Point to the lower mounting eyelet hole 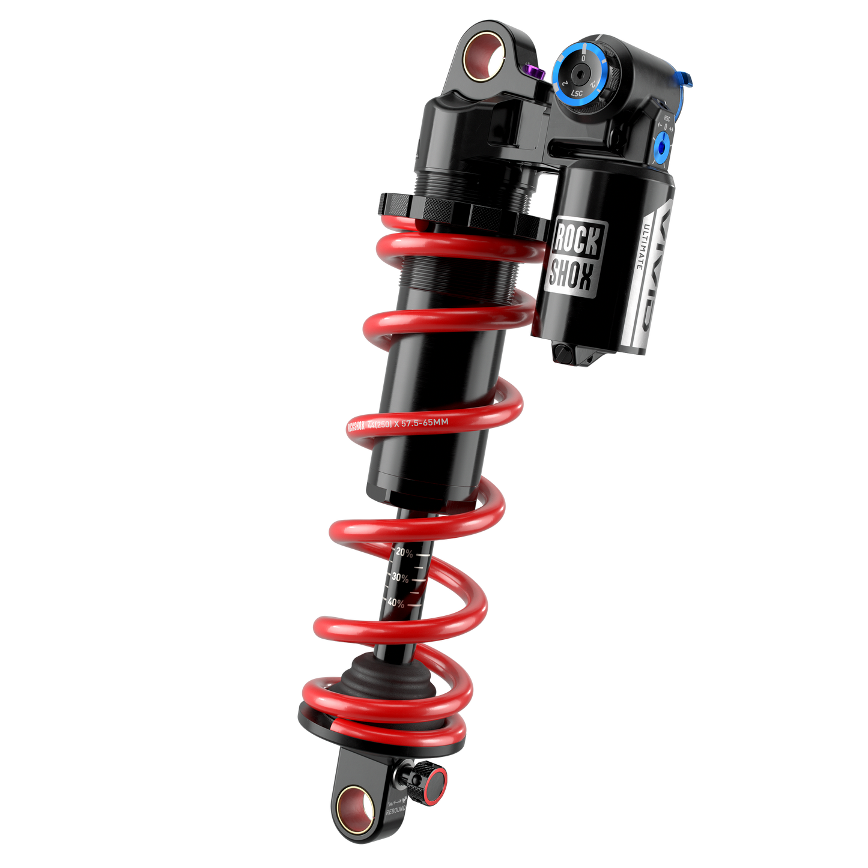pyautogui.click(x=354, y=810)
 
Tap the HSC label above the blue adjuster pyautogui.click(x=666, y=119)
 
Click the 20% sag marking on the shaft pyautogui.click(x=404, y=553)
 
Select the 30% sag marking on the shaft pyautogui.click(x=399, y=577)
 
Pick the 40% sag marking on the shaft pyautogui.click(x=395, y=602)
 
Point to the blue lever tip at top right pyautogui.click(x=688, y=79)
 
